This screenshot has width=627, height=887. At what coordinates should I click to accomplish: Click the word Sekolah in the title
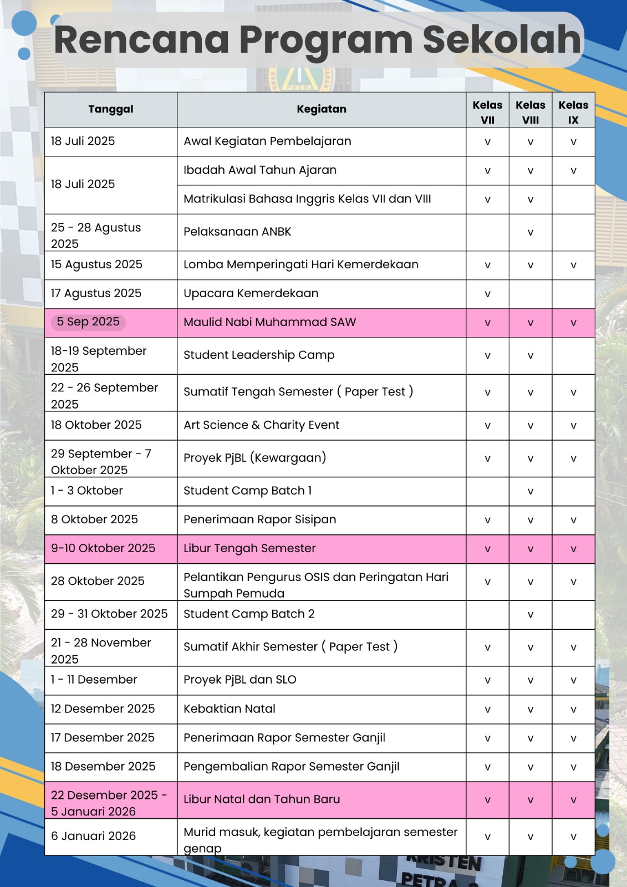click(502, 40)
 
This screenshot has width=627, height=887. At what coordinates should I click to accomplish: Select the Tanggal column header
click(111, 109)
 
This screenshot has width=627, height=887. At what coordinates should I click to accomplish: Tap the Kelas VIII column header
click(531, 111)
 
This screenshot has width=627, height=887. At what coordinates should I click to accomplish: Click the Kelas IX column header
click(573, 111)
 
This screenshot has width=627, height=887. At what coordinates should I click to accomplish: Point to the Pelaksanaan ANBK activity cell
click(237, 232)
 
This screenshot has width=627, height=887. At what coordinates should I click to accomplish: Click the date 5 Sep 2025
click(88, 322)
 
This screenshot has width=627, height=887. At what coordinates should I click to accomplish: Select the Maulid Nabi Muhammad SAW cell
click(270, 322)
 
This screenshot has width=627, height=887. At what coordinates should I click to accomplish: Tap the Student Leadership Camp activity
click(259, 355)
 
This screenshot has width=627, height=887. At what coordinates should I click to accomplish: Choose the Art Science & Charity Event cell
click(262, 425)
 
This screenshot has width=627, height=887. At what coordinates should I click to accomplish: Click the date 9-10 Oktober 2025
click(103, 548)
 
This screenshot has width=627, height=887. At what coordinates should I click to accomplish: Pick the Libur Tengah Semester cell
click(249, 548)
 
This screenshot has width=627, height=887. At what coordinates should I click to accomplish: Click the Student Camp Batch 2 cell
click(249, 614)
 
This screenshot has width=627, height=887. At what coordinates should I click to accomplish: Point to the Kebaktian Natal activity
click(230, 709)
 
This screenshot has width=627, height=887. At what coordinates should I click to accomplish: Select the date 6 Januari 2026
click(93, 836)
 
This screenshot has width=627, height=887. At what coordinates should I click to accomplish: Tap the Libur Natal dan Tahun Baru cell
click(262, 799)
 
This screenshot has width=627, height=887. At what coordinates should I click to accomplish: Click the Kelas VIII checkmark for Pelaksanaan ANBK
click(531, 233)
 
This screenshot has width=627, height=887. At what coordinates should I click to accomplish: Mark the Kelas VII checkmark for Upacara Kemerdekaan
click(487, 294)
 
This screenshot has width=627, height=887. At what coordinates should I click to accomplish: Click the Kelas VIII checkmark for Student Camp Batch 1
click(531, 492)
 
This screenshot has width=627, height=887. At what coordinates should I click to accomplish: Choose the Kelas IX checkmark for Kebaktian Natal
click(573, 710)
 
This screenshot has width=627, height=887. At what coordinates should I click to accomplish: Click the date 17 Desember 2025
click(103, 738)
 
